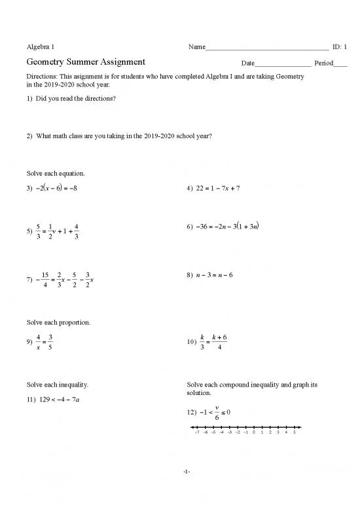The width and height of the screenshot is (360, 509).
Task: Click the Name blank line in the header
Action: coord(266,48)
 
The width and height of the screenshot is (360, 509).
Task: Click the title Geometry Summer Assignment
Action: coord(86,62)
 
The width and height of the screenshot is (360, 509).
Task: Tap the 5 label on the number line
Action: coord(295,432)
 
